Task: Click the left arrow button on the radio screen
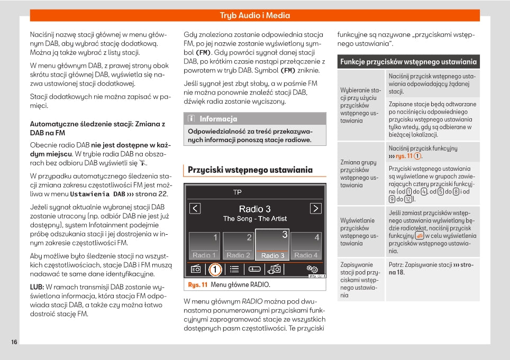(x=195, y=208)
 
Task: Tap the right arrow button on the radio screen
(x=315, y=208)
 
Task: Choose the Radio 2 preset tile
(x=238, y=246)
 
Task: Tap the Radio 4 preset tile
(x=306, y=246)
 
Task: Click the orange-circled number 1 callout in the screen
(x=215, y=270)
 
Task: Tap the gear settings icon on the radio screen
(x=312, y=270)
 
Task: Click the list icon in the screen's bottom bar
(x=234, y=270)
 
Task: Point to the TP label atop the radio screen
(x=238, y=192)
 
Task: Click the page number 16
(x=14, y=342)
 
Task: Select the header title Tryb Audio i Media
(x=255, y=15)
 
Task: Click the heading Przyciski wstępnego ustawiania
(x=250, y=170)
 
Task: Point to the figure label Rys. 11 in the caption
(x=197, y=285)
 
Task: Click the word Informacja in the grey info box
(x=218, y=119)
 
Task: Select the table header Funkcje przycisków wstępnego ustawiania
(x=408, y=62)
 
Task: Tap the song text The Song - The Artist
(x=255, y=219)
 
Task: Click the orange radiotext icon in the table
(x=420, y=236)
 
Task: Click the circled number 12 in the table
(x=408, y=199)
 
